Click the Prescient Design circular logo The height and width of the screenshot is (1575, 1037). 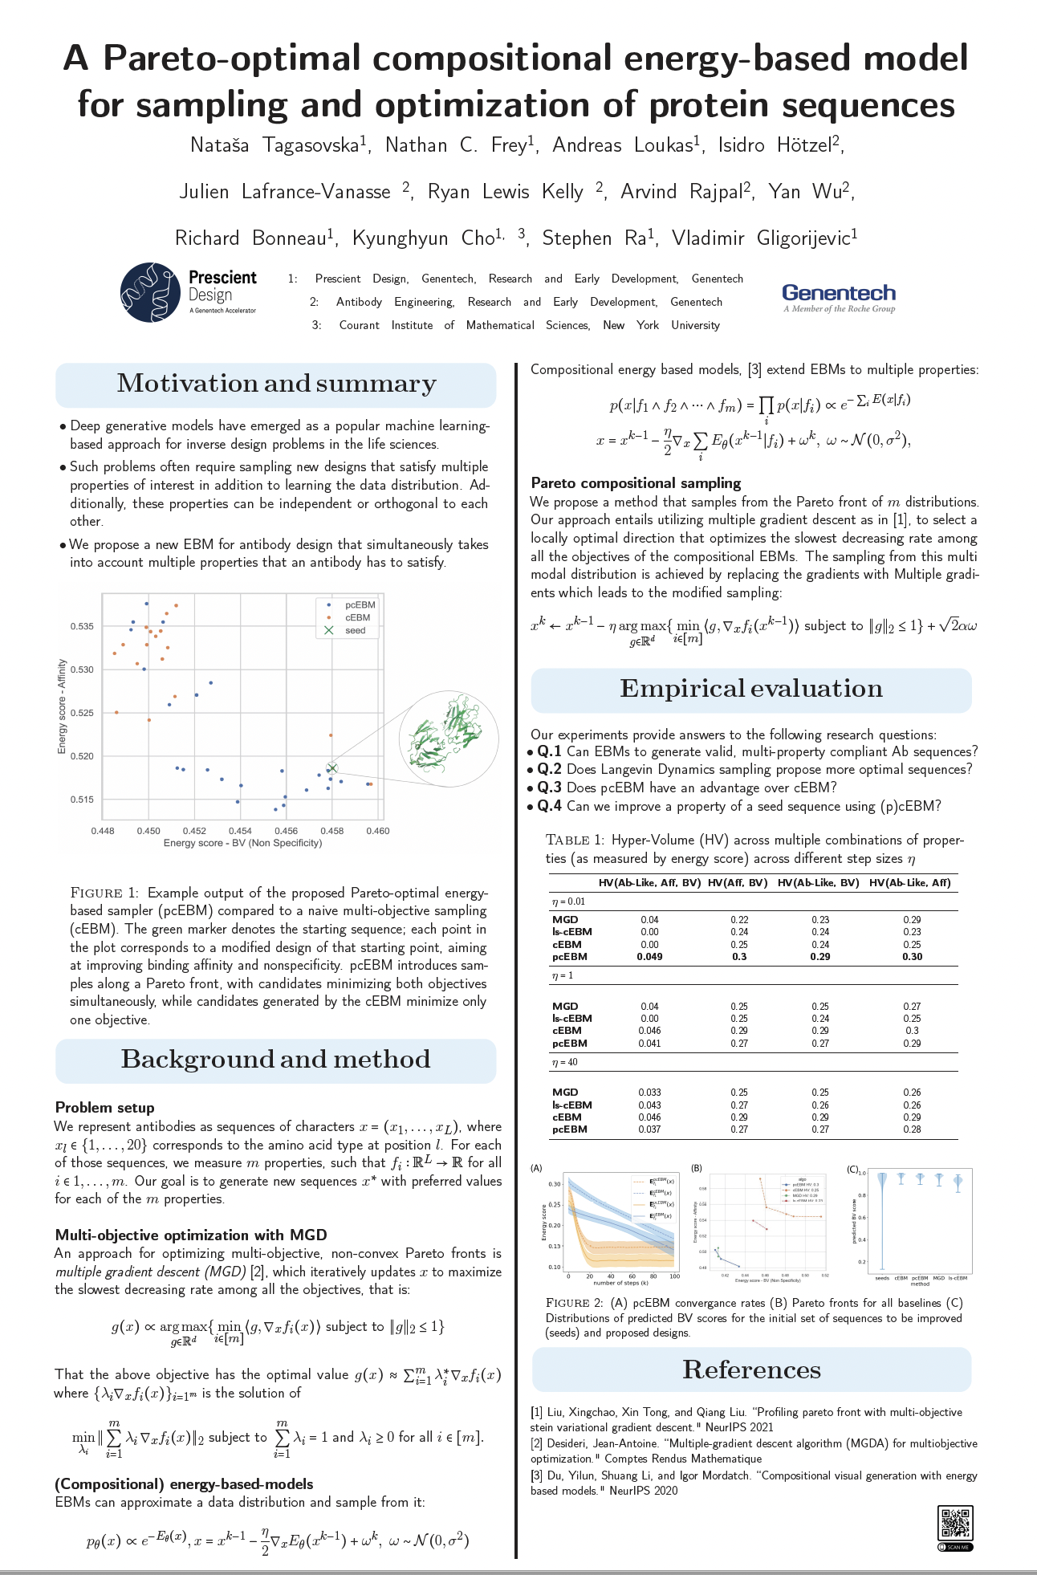(150, 292)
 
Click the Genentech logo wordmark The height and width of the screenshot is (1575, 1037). (839, 293)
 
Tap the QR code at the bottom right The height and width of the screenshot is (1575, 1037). (954, 1523)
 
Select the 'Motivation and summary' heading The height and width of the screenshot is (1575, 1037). (276, 384)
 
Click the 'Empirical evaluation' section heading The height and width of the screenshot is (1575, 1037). (750, 689)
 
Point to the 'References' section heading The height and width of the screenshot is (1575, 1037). (751, 1370)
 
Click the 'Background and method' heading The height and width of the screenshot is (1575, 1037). (275, 1060)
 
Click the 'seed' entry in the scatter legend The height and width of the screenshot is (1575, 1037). (355, 631)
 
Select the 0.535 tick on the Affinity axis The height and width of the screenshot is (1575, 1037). (83, 626)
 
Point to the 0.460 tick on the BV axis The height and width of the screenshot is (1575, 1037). (378, 831)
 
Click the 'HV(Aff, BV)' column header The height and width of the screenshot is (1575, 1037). (738, 883)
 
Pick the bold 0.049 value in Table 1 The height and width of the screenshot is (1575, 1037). (649, 957)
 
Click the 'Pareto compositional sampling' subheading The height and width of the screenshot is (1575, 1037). (636, 482)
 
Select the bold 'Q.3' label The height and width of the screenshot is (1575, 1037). (549, 787)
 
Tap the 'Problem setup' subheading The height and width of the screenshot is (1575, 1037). (104, 1108)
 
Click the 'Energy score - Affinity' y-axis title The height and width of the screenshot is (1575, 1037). (62, 706)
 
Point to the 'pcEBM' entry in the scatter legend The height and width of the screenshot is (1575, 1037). (360, 605)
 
